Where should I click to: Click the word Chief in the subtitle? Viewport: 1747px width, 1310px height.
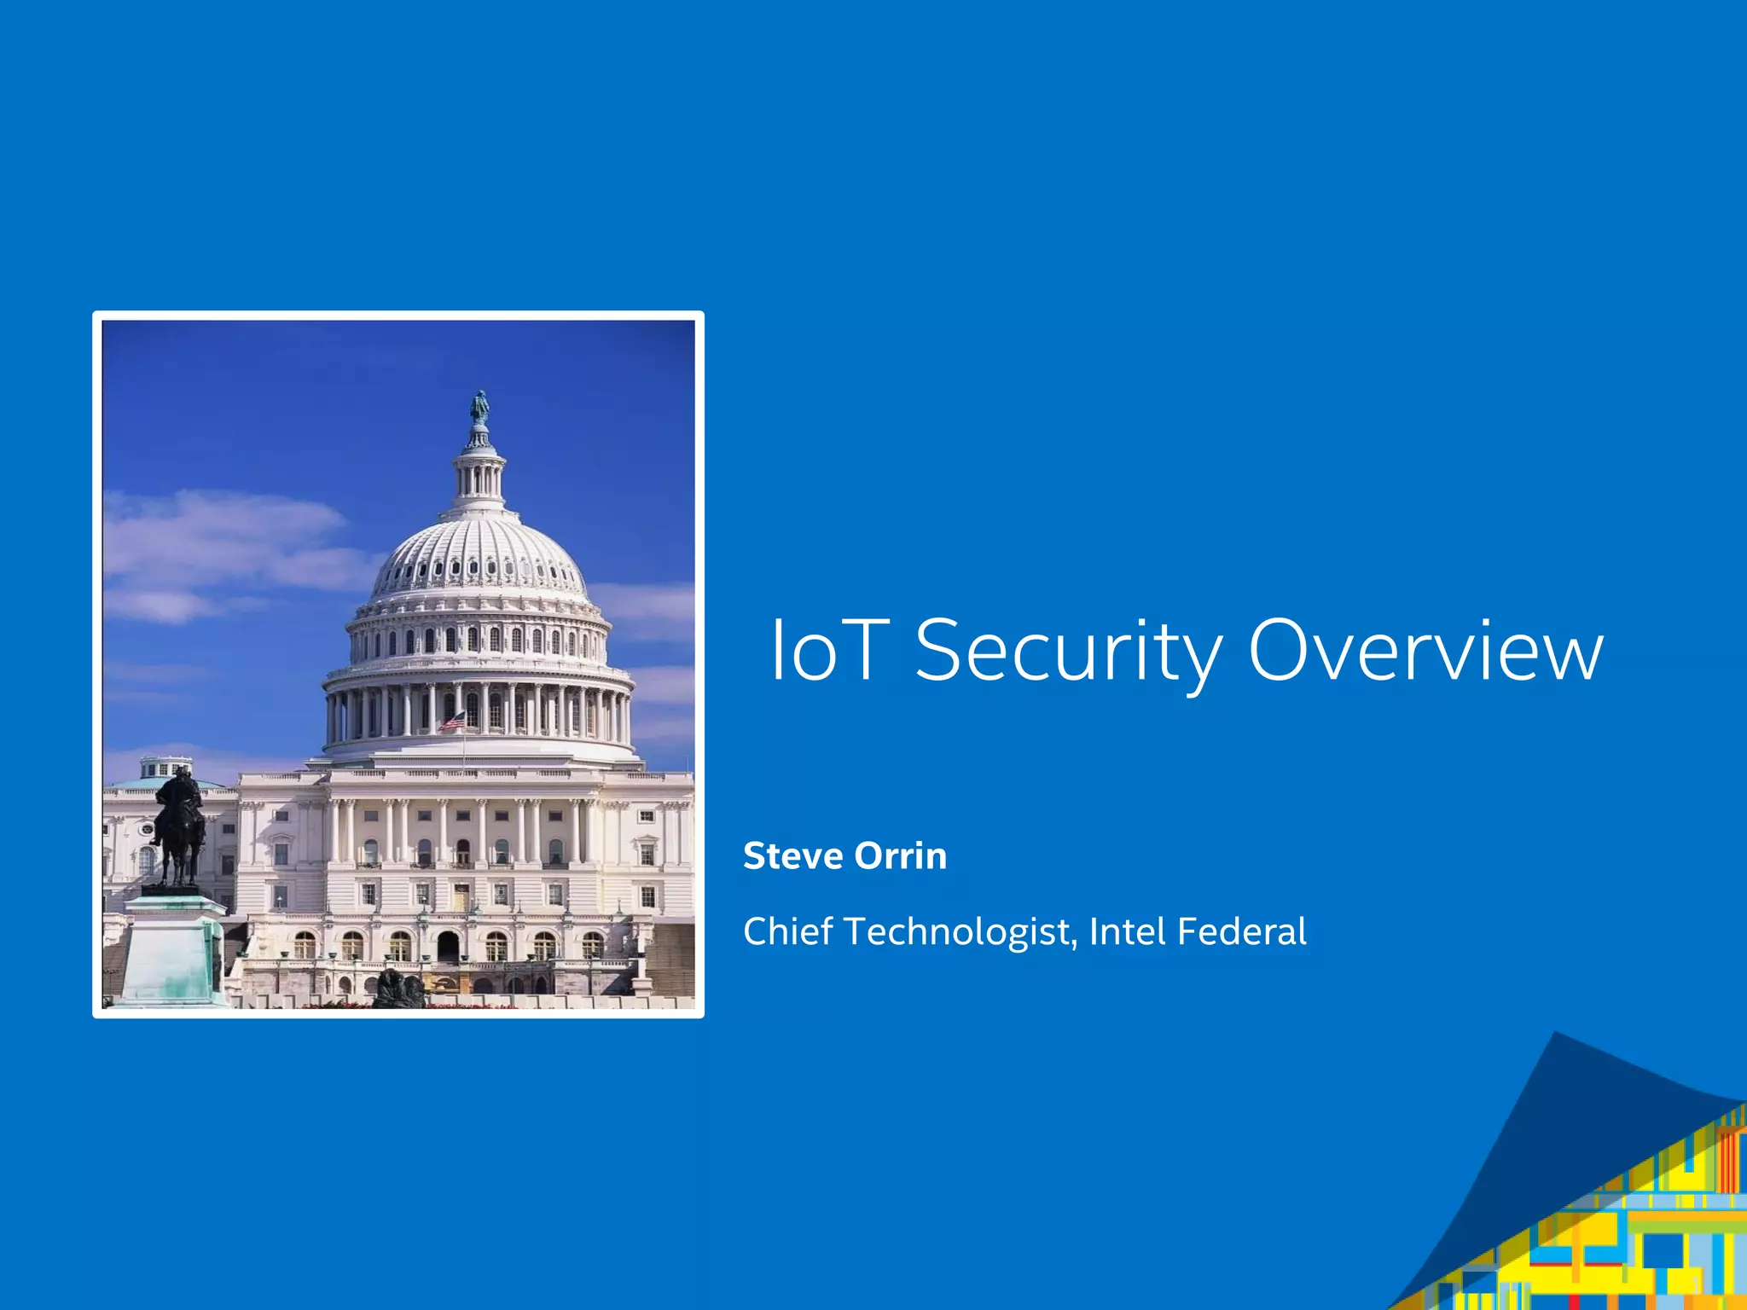(x=787, y=930)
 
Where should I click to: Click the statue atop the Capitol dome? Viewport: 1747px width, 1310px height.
(x=479, y=409)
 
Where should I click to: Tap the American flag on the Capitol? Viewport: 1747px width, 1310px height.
(x=452, y=722)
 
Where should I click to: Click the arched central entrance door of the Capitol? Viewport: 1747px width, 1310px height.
(x=448, y=946)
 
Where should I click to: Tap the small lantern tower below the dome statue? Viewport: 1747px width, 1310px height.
(x=479, y=474)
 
